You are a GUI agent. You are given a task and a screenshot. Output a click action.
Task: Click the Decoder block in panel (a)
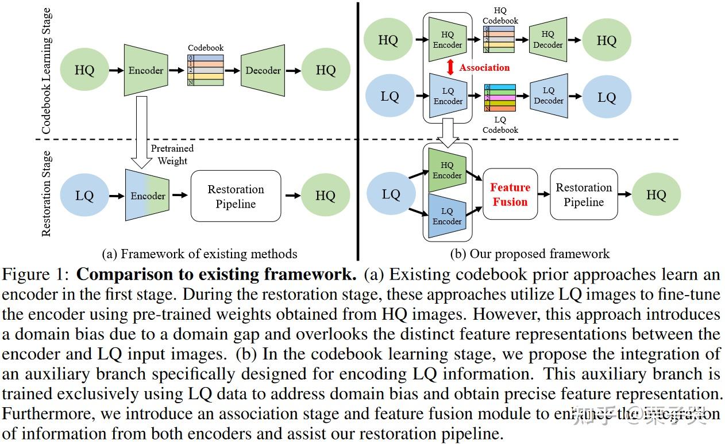[x=263, y=71]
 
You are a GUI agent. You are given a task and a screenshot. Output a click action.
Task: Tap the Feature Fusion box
[x=510, y=195]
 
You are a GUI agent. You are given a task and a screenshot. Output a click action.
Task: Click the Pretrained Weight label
[x=172, y=155]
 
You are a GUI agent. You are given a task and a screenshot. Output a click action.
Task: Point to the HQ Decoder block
[x=547, y=40]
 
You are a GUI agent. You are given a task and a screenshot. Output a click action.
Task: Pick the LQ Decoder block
[x=549, y=95]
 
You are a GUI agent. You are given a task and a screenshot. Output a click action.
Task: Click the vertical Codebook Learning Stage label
[x=47, y=70]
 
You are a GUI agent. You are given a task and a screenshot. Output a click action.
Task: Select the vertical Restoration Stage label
[x=47, y=194]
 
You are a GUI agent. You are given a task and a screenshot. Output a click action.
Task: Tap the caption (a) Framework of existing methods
[x=199, y=254]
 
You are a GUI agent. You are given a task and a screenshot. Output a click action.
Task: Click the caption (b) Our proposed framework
[x=530, y=254]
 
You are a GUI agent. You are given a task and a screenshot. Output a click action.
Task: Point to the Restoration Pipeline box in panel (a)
[x=236, y=197]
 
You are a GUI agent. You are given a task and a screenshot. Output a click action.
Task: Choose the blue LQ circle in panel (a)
[x=84, y=196]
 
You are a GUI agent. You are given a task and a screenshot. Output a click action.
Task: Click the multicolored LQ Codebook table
[x=500, y=98]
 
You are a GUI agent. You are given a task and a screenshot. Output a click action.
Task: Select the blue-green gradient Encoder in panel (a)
[x=148, y=196]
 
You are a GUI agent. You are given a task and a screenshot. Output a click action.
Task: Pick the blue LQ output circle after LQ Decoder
[x=607, y=97]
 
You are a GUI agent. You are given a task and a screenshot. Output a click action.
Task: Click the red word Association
[x=484, y=67]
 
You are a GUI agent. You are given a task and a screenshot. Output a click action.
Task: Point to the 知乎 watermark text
[x=592, y=414]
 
